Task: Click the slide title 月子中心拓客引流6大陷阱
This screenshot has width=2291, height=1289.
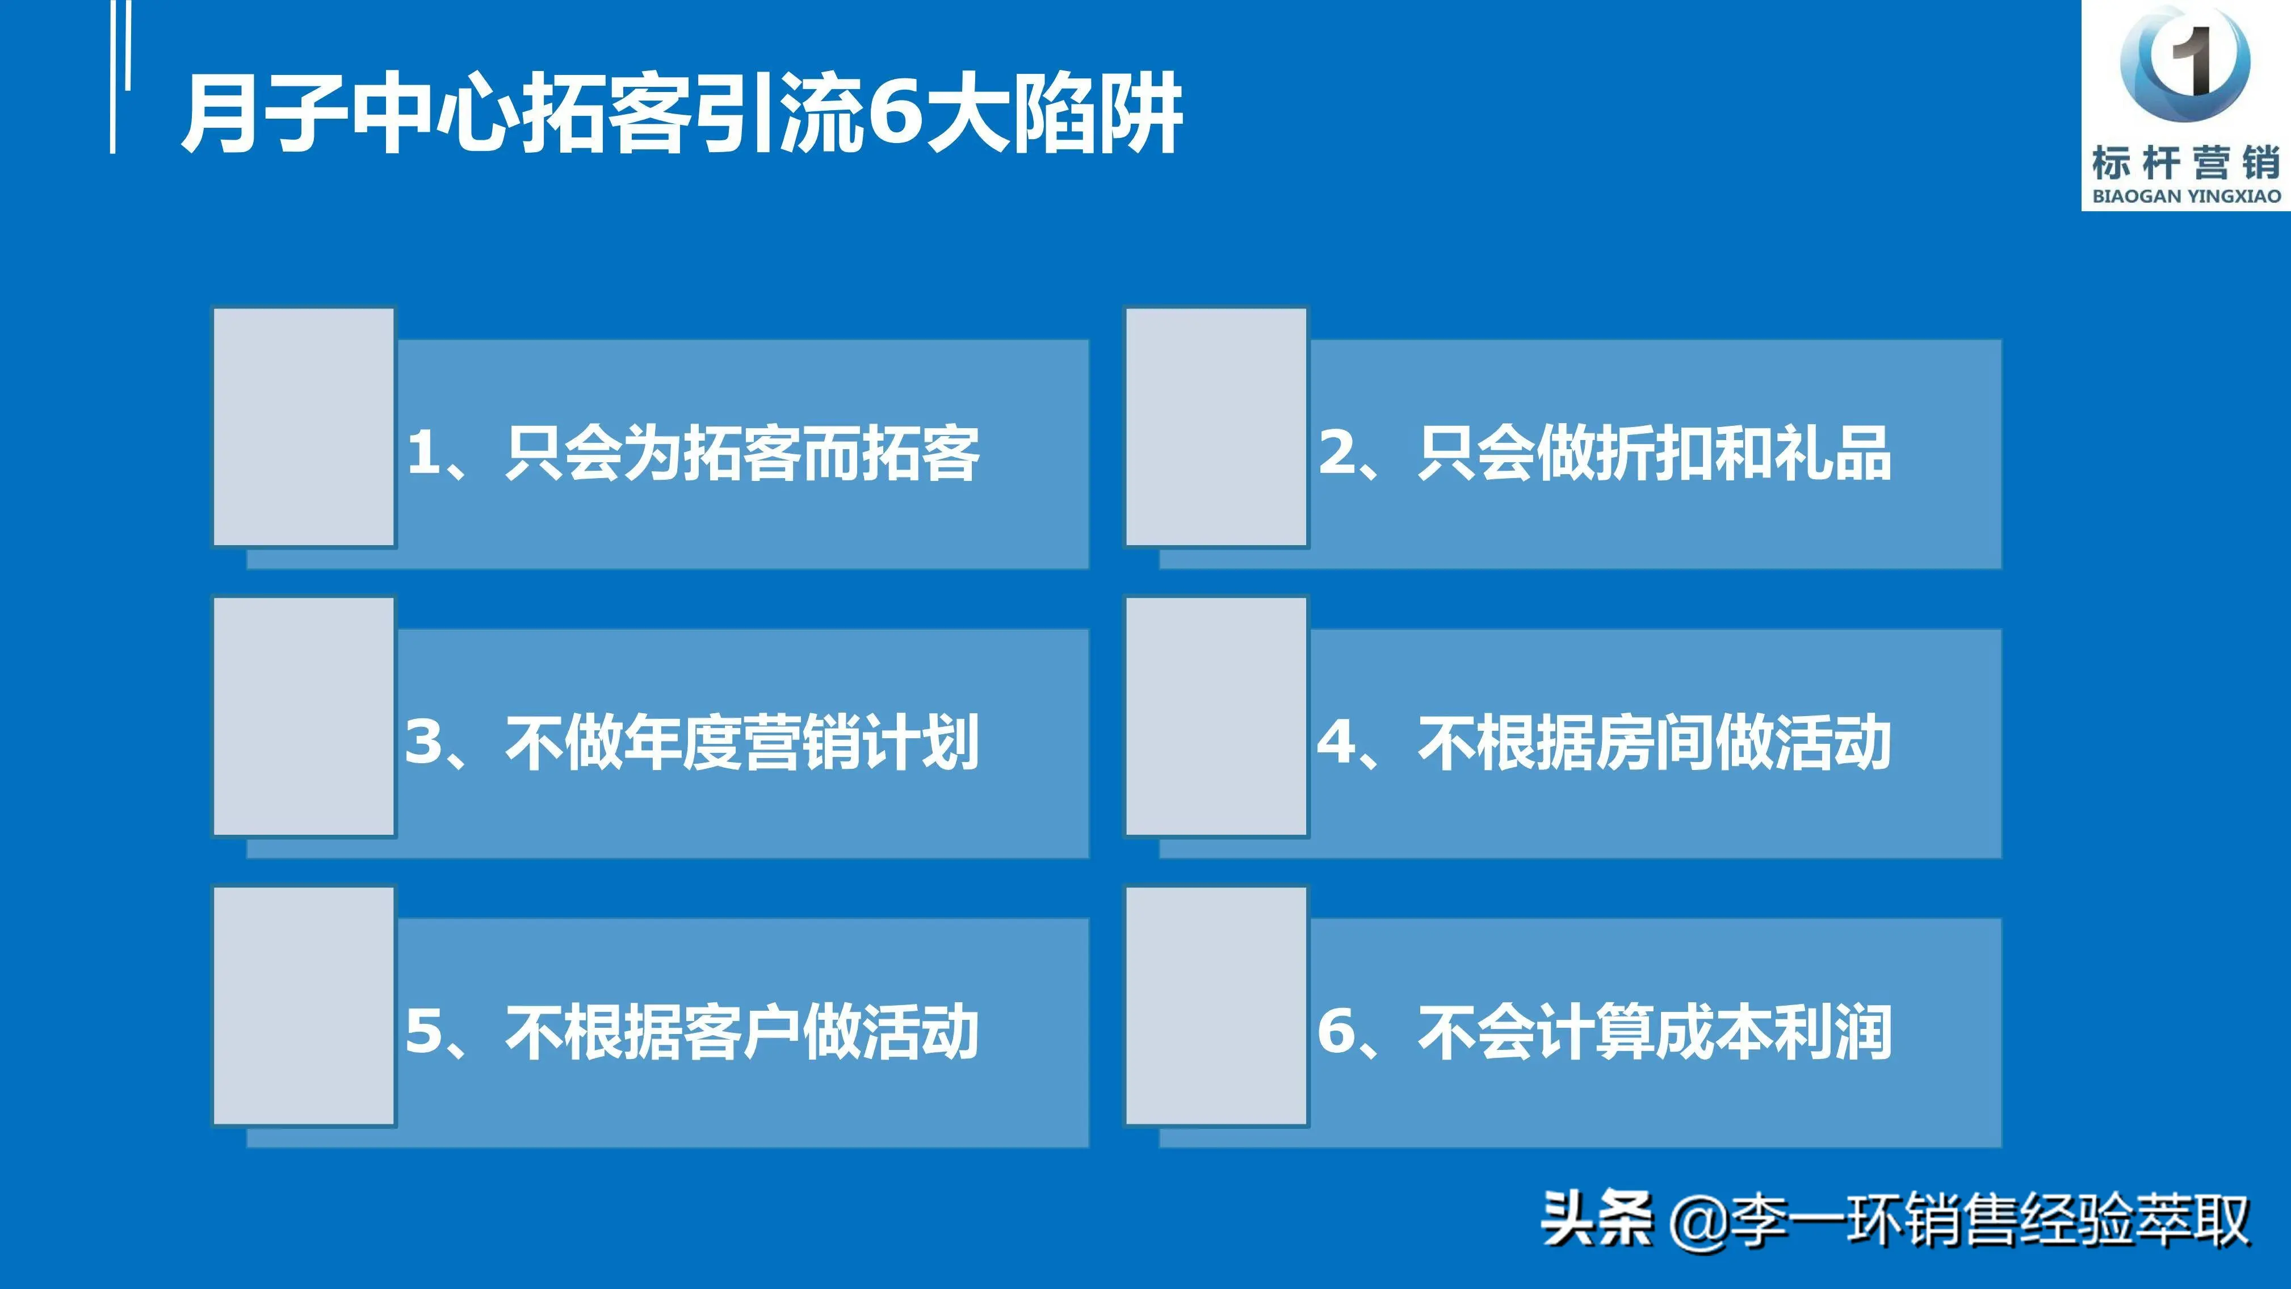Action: point(682,113)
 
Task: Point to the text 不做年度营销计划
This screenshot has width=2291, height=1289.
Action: point(742,743)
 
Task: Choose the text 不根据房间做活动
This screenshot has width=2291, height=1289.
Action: point(1655,743)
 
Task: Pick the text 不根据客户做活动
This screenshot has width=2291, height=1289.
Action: point(742,1032)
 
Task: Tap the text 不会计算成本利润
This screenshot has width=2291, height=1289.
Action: point(1655,1032)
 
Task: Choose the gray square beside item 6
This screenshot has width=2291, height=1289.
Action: point(1216,1006)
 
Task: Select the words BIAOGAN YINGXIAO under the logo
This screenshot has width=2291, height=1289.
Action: point(2186,196)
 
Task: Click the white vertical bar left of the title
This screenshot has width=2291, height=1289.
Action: point(113,77)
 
